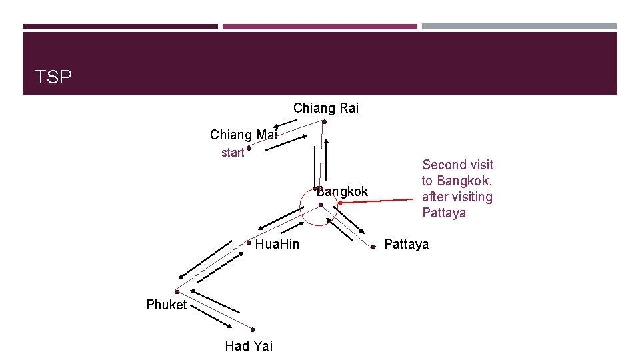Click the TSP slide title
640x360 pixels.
point(53,77)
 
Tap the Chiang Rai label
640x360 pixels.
point(325,108)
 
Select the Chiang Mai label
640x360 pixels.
point(243,135)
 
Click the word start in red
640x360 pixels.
point(233,153)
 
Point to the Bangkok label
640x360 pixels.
point(342,192)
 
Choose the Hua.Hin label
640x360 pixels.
point(277,244)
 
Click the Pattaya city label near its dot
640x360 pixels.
point(406,244)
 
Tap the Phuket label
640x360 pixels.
point(167,305)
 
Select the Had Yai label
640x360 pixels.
point(249,345)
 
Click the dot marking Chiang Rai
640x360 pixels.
point(324,122)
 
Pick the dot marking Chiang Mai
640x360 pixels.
point(248,148)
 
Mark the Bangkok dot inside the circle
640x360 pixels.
point(321,205)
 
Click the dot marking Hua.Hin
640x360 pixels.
point(248,242)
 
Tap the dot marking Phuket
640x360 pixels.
point(177,291)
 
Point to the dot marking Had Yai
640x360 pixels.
point(253,329)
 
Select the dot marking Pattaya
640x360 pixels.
point(374,247)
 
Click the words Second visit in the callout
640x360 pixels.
point(457,165)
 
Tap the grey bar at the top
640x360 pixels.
point(519,27)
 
